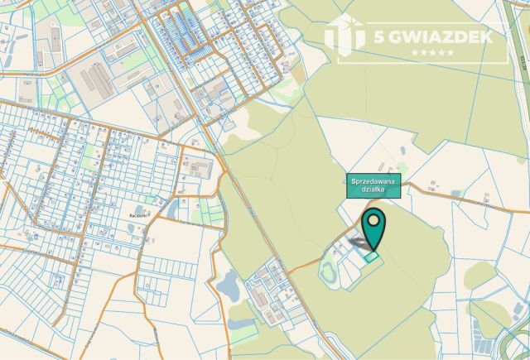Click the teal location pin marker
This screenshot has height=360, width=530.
click(374, 229)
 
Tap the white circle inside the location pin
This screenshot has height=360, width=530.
click(374, 221)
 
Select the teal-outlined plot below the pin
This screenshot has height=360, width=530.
click(372, 257)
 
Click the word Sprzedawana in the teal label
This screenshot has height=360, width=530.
click(373, 181)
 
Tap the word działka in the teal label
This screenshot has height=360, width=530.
click(373, 190)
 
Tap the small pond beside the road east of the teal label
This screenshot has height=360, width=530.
click(456, 194)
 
